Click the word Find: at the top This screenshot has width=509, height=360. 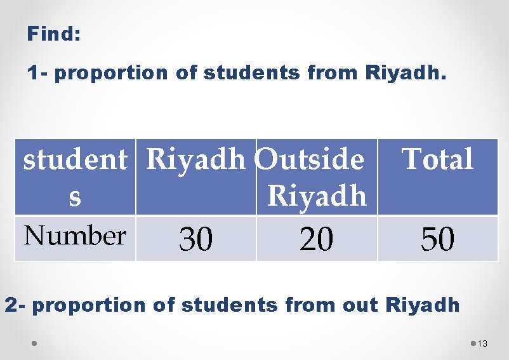click(x=53, y=34)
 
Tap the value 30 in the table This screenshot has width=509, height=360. click(x=195, y=239)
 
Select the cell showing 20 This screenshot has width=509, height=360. click(x=316, y=239)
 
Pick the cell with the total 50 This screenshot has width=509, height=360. click(x=437, y=239)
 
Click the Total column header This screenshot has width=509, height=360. click(x=437, y=159)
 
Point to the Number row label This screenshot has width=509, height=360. click(x=74, y=236)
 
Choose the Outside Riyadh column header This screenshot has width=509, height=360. click(x=316, y=177)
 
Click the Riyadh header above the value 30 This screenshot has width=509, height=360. click(x=195, y=159)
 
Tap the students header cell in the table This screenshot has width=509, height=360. click(x=75, y=177)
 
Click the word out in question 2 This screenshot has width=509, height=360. click(x=360, y=305)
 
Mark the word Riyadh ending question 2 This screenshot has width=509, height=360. click(x=422, y=305)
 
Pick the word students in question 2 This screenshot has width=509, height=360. click(x=230, y=305)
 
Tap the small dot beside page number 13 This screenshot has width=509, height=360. click(x=473, y=343)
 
